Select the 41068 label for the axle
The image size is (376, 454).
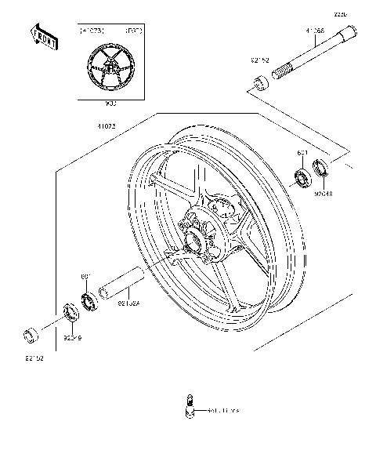coord(315,32)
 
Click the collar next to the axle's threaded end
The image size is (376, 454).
coord(259,82)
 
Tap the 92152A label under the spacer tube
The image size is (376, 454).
coord(129,301)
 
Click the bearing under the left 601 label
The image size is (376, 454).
coord(87,301)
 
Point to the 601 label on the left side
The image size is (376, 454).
coord(87,276)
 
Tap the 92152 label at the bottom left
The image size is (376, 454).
coord(33,359)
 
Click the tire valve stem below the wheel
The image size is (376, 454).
coord(189,405)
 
